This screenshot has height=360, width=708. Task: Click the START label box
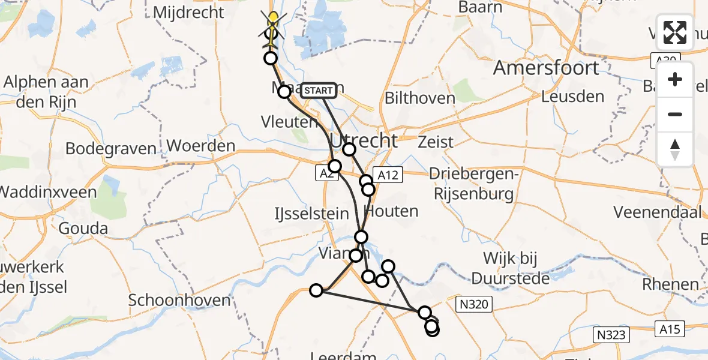coord(318,91)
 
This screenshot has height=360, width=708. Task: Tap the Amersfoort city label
coord(545,68)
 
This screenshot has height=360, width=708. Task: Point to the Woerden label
coord(201,146)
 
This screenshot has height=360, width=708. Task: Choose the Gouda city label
coord(83,228)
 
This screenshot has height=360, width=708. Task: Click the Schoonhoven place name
coord(180,300)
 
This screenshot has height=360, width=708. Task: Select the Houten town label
coord(391,211)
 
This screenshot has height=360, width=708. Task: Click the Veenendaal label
coord(658,212)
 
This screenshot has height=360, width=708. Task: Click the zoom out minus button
coord(675,114)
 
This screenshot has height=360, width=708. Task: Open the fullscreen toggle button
coord(675,32)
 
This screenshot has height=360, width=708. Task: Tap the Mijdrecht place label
coord(188,11)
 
